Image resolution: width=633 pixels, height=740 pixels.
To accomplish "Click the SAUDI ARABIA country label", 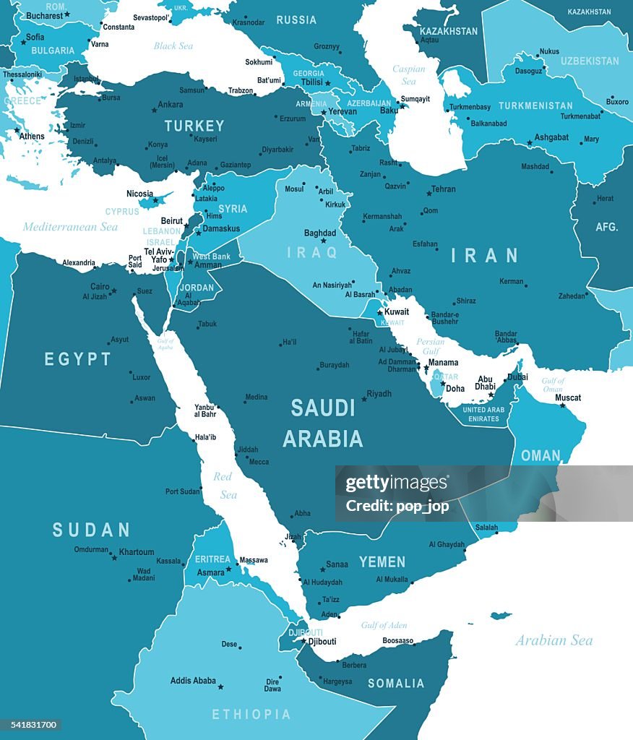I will pos(323,423).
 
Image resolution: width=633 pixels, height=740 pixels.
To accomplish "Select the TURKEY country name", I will pos(194,126).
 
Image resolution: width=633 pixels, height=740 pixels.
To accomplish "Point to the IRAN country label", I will pos(485,255).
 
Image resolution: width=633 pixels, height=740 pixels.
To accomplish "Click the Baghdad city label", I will pos(320,233).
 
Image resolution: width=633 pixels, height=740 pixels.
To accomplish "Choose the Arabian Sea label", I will pos(554,640).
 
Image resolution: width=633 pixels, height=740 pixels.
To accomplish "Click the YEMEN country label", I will pos(382,562).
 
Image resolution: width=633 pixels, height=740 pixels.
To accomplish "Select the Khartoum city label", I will pos(137,552).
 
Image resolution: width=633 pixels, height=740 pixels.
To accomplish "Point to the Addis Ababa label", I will pos(193,680).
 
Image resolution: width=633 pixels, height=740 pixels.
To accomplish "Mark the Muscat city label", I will pos(568,397).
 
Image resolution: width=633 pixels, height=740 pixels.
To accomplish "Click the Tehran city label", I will pos(443,189).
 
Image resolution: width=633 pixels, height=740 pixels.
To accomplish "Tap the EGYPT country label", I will pos(78,359).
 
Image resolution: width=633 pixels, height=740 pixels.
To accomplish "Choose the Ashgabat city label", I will pos(552,137).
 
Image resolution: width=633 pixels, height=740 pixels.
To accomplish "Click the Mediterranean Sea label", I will pos(70,227).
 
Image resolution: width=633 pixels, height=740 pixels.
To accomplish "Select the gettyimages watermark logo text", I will pos(397,483).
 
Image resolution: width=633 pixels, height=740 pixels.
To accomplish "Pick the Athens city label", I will pos(32,136).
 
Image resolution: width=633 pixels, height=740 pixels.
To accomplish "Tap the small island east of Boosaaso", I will pos(501,616).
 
